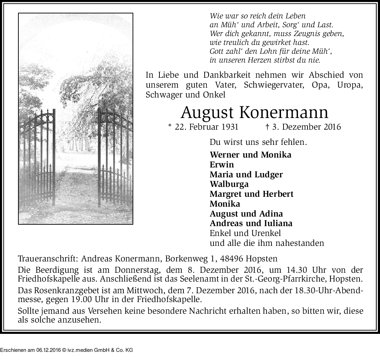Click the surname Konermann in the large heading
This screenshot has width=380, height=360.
[284, 113]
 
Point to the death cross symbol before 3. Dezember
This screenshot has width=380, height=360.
[267, 127]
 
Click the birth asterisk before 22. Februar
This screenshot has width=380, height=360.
[170, 126]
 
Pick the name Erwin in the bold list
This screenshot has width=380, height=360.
[222, 164]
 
